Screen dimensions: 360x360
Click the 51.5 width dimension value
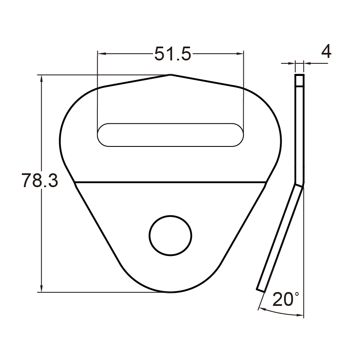(x=172, y=54)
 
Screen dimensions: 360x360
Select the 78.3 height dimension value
(x=39, y=181)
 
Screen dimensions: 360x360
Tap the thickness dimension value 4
(x=326, y=52)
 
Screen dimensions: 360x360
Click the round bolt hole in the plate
(x=170, y=235)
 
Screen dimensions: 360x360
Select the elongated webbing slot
(x=170, y=135)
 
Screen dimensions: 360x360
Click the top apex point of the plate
(x=171, y=75)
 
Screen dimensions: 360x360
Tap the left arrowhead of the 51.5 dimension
(x=101, y=54)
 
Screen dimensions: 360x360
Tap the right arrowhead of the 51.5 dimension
(x=240, y=54)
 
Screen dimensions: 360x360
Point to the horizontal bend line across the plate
(x=170, y=182)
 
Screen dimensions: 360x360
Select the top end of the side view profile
(x=299, y=76)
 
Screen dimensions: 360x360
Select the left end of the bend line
(x=75, y=182)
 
